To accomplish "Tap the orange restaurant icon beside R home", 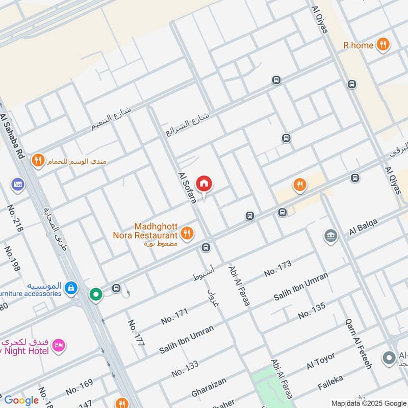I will tap(383, 45).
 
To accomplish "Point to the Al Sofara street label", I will tap(187, 187).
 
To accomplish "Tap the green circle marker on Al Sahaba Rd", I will tap(95, 294).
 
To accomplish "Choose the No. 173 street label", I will tap(277, 269).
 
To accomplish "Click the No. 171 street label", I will tap(174, 316).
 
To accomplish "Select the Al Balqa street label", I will tap(366, 228).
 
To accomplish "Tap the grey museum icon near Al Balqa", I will tap(330, 236).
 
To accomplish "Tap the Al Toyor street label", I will tap(321, 361).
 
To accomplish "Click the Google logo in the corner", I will tap(21, 400).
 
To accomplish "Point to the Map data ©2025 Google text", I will tap(369, 403).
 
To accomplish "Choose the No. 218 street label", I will tap(15, 218).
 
